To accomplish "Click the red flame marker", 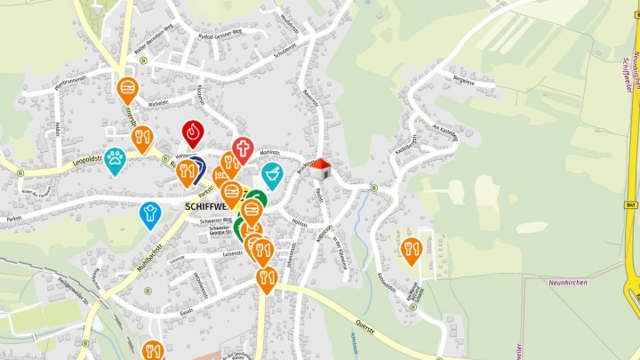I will coord(193,132).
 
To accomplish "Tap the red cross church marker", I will coord(243,148).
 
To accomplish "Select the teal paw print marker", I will coord(115,160).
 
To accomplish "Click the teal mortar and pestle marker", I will coord(272,172).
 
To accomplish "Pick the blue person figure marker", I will coord(150,213).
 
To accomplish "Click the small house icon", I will coord(321,169).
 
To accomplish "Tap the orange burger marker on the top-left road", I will coord(128,88).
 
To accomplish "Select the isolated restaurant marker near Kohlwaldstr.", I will coord(410,250).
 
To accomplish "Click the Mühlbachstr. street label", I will coord(140,258).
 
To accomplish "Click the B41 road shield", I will coord(630,205).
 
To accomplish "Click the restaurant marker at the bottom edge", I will coord(151,350).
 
